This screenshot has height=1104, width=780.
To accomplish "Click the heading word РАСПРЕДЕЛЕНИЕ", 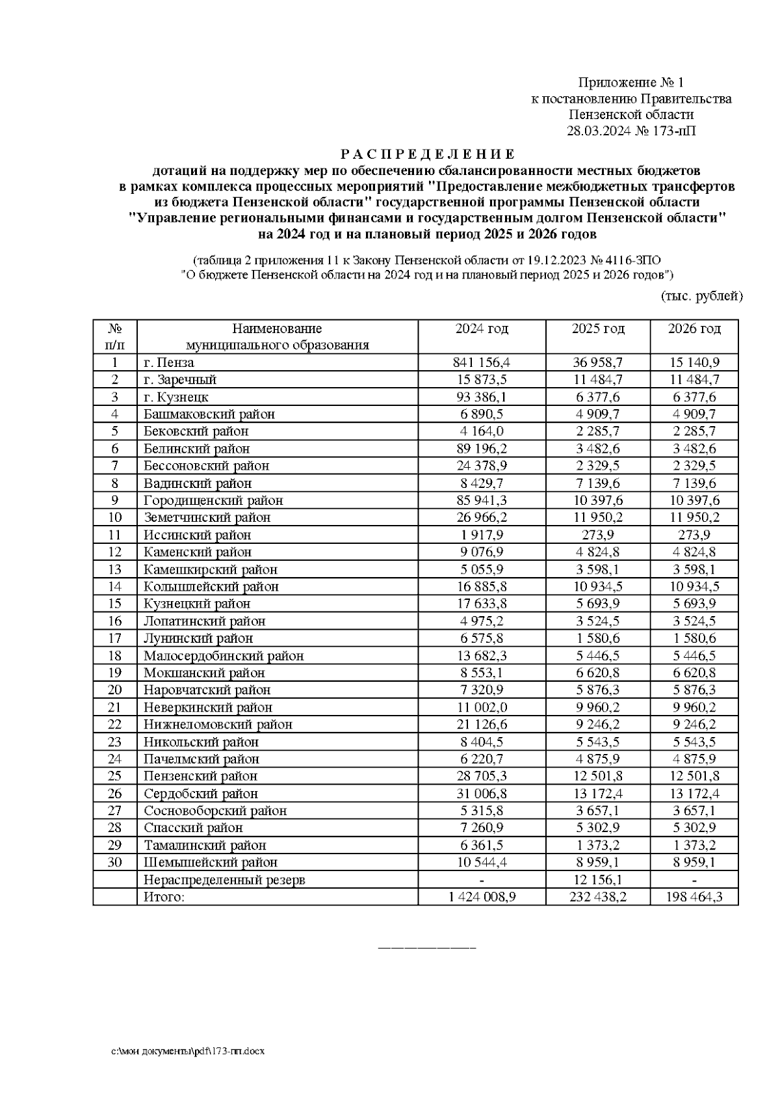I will pyautogui.click(x=428, y=154).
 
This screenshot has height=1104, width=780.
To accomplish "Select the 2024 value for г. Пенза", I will pyautogui.click(x=482, y=362).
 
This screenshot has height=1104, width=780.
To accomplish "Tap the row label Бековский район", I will pyautogui.click(x=196, y=431).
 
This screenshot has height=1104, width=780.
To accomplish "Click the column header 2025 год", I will pyautogui.click(x=597, y=329).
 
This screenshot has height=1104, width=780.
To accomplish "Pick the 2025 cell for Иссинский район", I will pyautogui.click(x=597, y=535).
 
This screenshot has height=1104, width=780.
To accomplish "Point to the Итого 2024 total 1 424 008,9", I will pyautogui.click(x=482, y=897).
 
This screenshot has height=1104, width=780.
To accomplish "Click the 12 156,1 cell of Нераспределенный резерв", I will pyautogui.click(x=597, y=880).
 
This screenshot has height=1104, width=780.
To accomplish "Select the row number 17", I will pyautogui.click(x=115, y=638).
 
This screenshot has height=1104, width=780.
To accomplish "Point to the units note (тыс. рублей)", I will pyautogui.click(x=701, y=297).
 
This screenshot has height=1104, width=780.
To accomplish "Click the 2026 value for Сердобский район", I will pyautogui.click(x=694, y=794).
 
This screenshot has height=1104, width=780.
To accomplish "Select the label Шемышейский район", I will pyautogui.click(x=211, y=863).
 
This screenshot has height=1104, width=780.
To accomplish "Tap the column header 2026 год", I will pyautogui.click(x=694, y=329).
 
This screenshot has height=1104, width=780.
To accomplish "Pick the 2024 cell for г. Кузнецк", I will pyautogui.click(x=482, y=397).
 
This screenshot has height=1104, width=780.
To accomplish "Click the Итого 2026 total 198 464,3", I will pyautogui.click(x=694, y=897).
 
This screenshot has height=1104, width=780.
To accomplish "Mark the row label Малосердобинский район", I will pyautogui.click(x=224, y=656).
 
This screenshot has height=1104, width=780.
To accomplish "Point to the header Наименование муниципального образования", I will pyautogui.click(x=278, y=337).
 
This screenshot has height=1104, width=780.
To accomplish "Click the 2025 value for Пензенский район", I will pyautogui.click(x=597, y=776).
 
